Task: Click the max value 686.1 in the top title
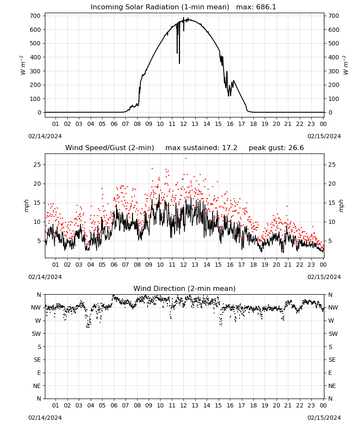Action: [x=266, y=7]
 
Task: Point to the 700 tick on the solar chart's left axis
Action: [x=36, y=16]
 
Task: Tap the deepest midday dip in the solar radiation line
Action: [x=179, y=63]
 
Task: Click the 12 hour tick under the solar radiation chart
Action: [x=183, y=124]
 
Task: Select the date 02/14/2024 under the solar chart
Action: [x=45, y=136]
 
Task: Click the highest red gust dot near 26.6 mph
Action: [x=186, y=159]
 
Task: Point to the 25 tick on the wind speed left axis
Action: [x=38, y=165]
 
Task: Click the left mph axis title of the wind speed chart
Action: [x=26, y=206]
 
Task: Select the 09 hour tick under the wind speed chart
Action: [x=149, y=265]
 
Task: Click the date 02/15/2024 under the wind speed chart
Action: [x=324, y=277]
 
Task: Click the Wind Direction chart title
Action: [x=185, y=288]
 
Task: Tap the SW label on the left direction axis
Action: [x=36, y=334]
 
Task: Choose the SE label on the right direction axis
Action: [x=332, y=360]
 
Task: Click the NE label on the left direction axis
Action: [x=37, y=386]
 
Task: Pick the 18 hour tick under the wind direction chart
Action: [x=253, y=405]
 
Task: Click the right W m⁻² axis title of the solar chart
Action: [x=346, y=65]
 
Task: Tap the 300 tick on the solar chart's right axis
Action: [x=334, y=71]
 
